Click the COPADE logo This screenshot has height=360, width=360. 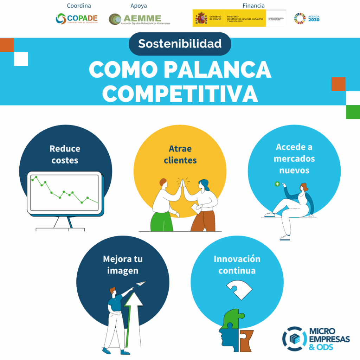click(77, 19)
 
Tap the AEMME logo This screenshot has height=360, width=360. click(140, 19)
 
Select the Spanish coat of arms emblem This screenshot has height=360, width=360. click(201, 18)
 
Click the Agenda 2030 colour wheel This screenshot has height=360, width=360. click(300, 18)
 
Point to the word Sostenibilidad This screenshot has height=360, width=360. click(180, 44)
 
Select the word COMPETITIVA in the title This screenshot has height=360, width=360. click(180, 93)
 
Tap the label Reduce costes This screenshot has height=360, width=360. click(65, 154)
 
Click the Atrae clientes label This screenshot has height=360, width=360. click(180, 154)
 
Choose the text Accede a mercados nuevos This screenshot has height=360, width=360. click(294, 159)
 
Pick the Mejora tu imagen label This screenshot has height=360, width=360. click(123, 265)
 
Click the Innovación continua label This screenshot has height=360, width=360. click(237, 265)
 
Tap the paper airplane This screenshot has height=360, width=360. click(140, 283)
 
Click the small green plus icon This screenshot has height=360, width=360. click(277, 184)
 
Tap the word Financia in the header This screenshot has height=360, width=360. click(253, 6)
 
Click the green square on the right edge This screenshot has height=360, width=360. click(353, 112)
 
